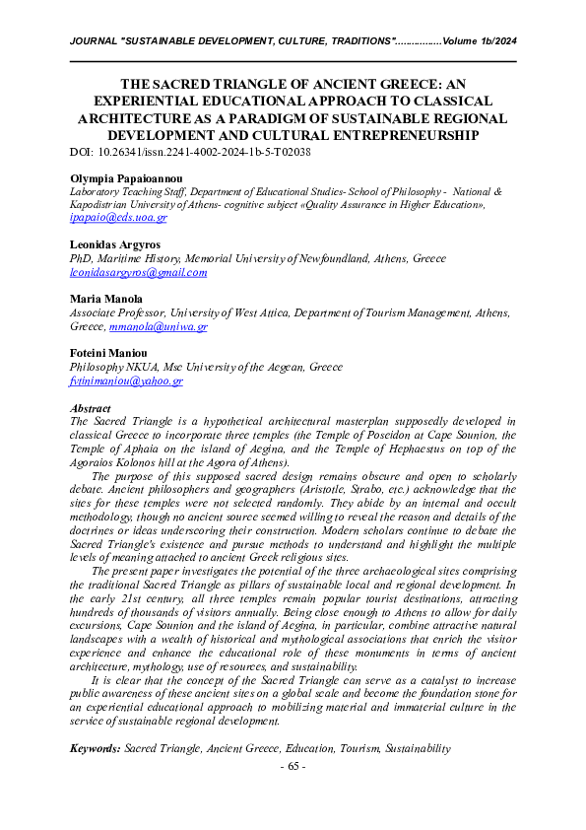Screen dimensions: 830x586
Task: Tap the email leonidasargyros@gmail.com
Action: tap(139, 272)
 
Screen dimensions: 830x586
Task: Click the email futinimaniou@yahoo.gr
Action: tap(126, 380)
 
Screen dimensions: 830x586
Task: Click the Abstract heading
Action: tap(91, 407)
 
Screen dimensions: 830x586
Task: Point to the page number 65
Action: tap(293, 767)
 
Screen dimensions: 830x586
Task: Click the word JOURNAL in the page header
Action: tap(93, 41)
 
